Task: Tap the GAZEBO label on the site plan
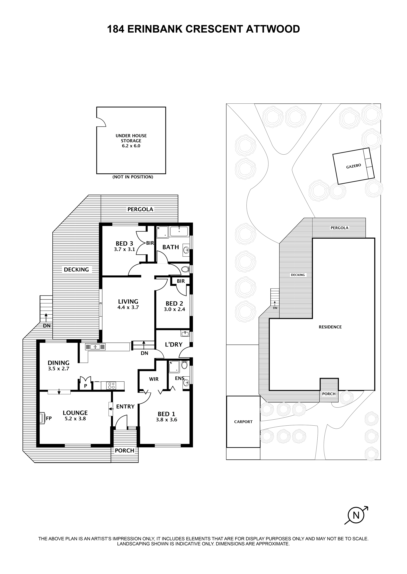353,166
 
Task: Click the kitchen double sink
95,347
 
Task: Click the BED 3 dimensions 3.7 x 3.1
124,249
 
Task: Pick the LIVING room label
128,302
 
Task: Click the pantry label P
86,386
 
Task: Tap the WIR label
154,379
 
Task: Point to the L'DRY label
173,345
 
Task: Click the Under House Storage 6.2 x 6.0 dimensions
131,146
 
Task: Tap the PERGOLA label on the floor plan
140,209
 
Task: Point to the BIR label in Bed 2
181,281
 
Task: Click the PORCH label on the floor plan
124,451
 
